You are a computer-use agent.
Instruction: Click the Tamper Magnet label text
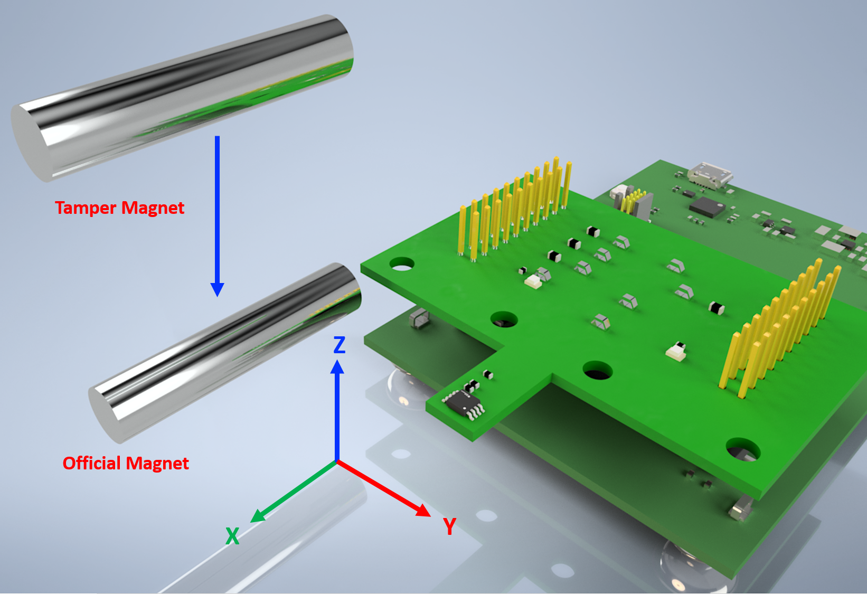point(120,208)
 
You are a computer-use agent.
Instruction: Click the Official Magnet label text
point(126,463)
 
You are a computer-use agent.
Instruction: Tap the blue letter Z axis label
point(340,344)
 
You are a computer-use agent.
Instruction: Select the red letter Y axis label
point(450,526)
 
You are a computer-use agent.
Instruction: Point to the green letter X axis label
point(232,536)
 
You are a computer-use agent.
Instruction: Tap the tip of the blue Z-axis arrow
point(337,360)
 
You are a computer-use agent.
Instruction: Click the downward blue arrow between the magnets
point(217,216)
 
